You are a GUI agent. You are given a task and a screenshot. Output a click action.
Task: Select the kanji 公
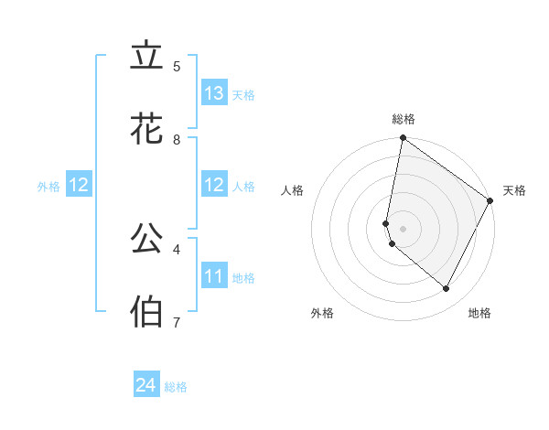tap(146, 239)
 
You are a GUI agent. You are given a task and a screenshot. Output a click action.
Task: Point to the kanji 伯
tap(146, 312)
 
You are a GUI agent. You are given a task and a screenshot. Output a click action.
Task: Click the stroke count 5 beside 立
tap(177, 67)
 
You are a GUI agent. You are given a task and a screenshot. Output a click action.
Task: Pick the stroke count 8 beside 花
tap(177, 140)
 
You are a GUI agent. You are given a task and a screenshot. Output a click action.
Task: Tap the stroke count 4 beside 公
tap(177, 248)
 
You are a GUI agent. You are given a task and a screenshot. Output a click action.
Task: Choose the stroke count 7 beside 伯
tap(177, 322)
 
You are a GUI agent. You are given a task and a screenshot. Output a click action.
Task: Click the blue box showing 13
tap(214, 93)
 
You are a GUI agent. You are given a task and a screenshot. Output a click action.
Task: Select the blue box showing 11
tap(214, 276)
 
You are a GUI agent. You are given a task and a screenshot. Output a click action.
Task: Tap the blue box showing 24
tap(146, 385)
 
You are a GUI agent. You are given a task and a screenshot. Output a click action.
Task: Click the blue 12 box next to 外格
tap(78, 185)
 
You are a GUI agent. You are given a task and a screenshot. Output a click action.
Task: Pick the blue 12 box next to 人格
tap(214, 185)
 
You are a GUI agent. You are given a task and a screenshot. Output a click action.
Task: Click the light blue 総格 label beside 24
tap(176, 387)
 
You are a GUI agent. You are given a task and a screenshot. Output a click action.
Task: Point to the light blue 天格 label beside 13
tap(243, 95)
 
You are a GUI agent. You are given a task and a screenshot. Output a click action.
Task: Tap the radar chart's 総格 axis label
tap(404, 119)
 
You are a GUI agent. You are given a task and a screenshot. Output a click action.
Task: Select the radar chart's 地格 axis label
tap(479, 313)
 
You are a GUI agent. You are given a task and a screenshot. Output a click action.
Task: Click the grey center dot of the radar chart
tap(404, 228)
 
